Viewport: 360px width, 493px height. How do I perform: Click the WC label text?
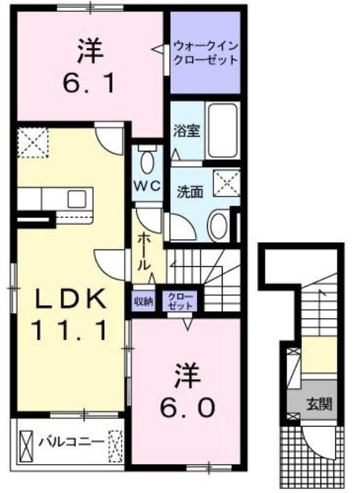(x=147, y=186)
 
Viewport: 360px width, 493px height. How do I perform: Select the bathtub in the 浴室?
(x=223, y=130)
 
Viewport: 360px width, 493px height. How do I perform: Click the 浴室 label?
(x=187, y=131)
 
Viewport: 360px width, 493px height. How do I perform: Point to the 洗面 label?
(x=190, y=192)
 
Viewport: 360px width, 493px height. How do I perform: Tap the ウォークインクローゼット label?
(x=206, y=53)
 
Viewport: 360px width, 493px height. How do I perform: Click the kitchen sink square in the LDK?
(x=77, y=198)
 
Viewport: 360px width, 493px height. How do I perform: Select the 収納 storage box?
(x=144, y=301)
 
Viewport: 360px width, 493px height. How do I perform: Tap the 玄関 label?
(x=319, y=404)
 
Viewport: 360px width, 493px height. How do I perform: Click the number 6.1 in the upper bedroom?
(x=89, y=83)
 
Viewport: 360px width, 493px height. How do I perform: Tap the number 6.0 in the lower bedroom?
(x=187, y=407)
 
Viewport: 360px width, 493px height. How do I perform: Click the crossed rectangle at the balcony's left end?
(x=26, y=446)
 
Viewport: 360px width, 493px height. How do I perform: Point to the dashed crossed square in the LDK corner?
(x=33, y=142)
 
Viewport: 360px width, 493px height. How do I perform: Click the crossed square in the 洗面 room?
(x=227, y=184)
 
